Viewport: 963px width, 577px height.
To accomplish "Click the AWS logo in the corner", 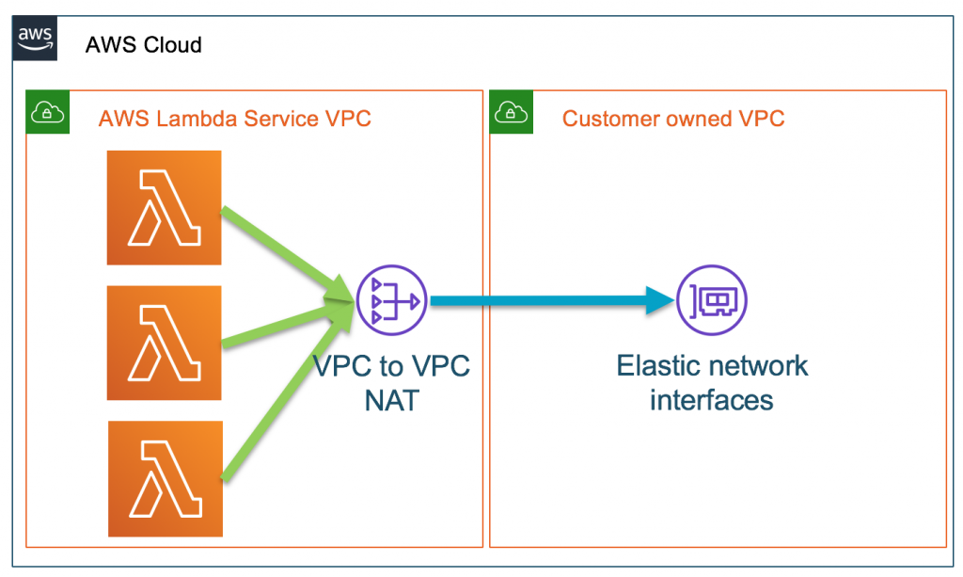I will pyautogui.click(x=35, y=40).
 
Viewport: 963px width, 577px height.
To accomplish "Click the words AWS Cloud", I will pyautogui.click(x=143, y=45).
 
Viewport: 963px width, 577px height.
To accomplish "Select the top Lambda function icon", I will pyautogui.click(x=165, y=207).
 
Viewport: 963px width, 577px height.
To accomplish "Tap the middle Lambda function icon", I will pyautogui.click(x=164, y=344).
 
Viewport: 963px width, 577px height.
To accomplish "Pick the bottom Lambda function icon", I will pyautogui.click(x=166, y=477).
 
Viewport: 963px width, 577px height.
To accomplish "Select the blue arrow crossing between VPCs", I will pyautogui.click(x=545, y=301).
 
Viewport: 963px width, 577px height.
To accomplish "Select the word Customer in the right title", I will pyautogui.click(x=607, y=119).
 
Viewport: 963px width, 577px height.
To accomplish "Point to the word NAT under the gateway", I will pyautogui.click(x=391, y=401).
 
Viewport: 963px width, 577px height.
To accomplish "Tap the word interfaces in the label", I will pyautogui.click(x=712, y=399).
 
